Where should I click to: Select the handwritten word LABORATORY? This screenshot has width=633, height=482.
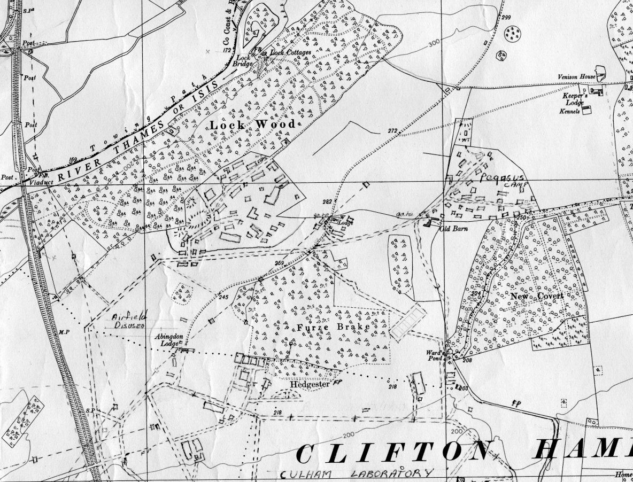pyautogui.click(x=396, y=473)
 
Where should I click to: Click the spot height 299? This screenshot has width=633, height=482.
pyautogui.click(x=506, y=18)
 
